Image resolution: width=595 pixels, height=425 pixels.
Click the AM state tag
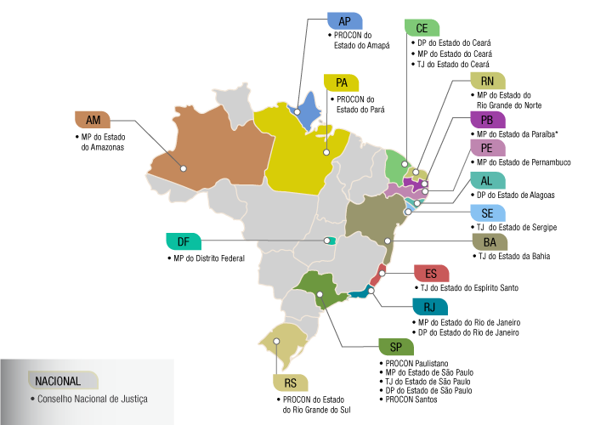[93, 119]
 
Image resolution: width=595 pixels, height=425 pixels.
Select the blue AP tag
[345, 21]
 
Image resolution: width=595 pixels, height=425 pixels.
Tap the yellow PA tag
[342, 82]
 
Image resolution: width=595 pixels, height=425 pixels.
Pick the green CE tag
[422, 27]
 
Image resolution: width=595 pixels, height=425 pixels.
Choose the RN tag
[488, 82]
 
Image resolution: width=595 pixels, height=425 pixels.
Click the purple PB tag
[488, 120]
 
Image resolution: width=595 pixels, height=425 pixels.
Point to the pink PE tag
[488, 148]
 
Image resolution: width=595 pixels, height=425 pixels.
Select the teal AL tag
[488, 180]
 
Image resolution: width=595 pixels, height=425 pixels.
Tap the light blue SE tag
[488, 213]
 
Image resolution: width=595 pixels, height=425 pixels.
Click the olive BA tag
[490, 242]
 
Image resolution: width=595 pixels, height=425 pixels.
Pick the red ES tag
[431, 274]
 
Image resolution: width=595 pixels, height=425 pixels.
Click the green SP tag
[397, 347]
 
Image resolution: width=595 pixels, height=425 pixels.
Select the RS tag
[291, 382]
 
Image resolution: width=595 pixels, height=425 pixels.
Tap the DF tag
[183, 241]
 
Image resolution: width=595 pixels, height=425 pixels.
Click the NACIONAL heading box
[62, 381]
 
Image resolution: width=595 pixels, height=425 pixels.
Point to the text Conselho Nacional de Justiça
[92, 398]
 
